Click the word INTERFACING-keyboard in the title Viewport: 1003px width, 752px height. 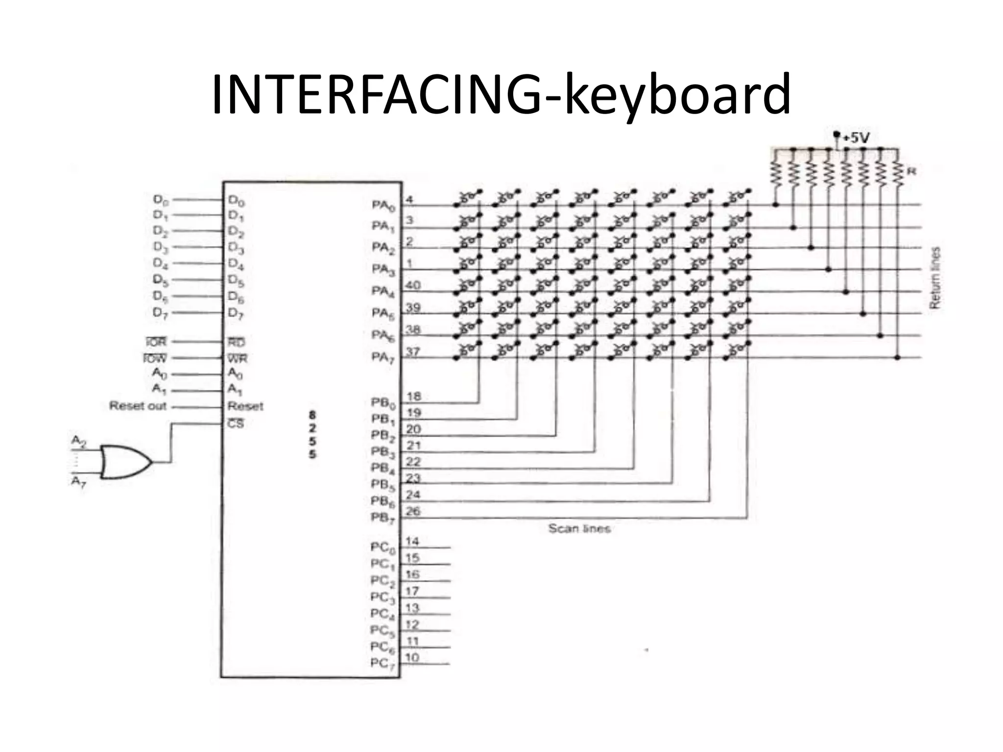[501, 94]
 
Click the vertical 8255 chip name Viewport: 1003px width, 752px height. [312, 434]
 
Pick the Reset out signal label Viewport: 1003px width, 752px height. [138, 406]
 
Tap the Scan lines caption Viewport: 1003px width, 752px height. [579, 528]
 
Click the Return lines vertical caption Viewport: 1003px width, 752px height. [935, 278]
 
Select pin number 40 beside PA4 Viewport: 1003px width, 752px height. [413, 285]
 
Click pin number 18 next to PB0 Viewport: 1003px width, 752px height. [414, 396]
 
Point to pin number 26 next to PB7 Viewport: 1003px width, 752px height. [413, 511]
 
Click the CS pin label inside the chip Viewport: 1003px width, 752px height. [236, 423]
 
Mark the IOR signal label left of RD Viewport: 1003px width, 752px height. [155, 342]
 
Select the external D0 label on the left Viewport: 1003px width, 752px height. [161, 200]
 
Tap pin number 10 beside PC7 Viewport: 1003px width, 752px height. [412, 658]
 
